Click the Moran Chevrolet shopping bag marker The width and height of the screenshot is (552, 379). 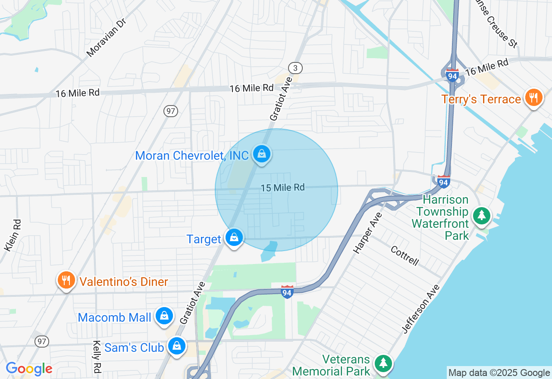point(261,153)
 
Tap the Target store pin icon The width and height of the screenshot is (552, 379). point(234,237)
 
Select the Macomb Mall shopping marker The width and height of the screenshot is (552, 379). point(164,316)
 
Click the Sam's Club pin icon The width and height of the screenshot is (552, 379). point(176,345)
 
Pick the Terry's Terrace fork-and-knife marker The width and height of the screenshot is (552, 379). point(533,97)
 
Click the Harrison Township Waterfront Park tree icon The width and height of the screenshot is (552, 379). point(482,215)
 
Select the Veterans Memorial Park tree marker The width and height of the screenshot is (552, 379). point(383,363)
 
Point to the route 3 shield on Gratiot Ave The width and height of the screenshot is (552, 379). point(295,68)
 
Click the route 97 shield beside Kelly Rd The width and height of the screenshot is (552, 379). point(42,342)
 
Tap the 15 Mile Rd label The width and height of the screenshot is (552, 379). point(282,188)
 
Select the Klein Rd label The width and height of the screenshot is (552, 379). point(13,235)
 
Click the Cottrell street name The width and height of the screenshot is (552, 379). point(405,256)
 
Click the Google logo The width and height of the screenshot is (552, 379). point(29,369)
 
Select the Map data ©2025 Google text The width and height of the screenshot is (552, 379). point(499,373)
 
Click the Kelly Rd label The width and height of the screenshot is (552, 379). point(97,357)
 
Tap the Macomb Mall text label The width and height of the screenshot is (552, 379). point(114,318)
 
